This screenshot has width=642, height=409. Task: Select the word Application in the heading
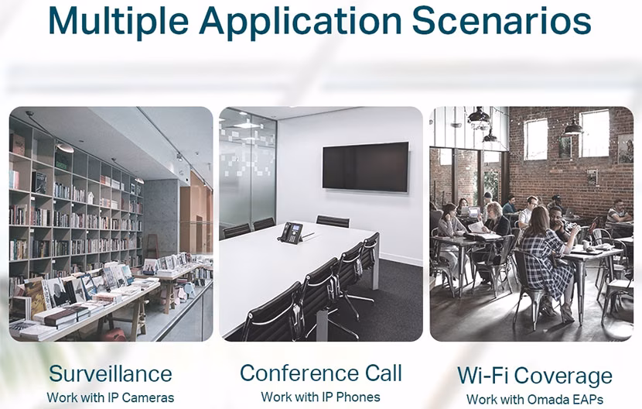[300, 22]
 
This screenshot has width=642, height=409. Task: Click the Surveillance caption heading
[111, 373]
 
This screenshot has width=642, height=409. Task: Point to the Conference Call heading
[321, 373]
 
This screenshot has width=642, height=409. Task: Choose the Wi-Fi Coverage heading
[534, 376]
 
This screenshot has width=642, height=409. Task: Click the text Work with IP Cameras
[111, 397]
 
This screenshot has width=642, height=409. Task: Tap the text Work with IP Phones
[320, 397]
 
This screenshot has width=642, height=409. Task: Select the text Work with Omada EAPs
[534, 399]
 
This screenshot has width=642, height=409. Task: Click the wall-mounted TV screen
[366, 167]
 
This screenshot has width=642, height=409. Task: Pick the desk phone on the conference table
[291, 233]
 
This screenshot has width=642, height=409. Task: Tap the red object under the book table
[114, 335]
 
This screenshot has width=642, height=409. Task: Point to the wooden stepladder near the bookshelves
[152, 246]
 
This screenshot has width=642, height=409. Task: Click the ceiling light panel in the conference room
[247, 125]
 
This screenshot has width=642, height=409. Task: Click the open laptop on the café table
[473, 212]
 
